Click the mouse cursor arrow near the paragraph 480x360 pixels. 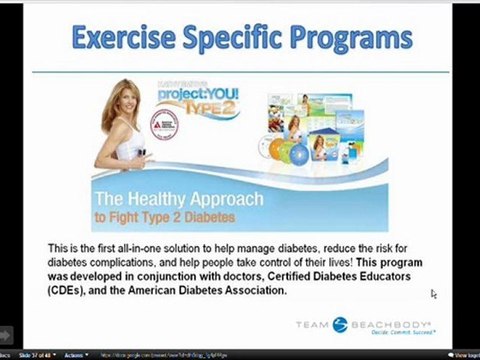point(434,294)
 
